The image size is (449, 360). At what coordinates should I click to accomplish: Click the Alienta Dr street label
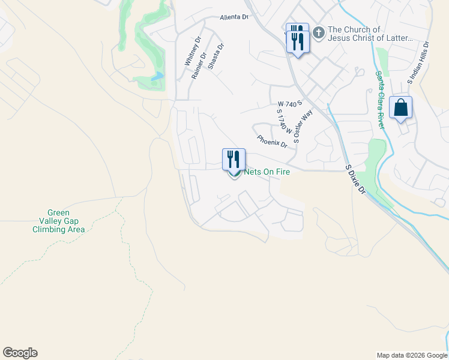click(234, 17)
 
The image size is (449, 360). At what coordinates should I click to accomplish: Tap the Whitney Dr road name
click(192, 51)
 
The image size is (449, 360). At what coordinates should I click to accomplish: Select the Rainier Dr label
click(199, 65)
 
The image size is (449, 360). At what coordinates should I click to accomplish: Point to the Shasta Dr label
click(215, 56)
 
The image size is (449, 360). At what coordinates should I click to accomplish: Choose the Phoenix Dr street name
click(272, 142)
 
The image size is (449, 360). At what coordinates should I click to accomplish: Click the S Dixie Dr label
click(355, 179)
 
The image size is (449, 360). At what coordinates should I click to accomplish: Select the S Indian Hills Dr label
click(418, 62)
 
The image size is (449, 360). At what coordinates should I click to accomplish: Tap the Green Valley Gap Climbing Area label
click(59, 221)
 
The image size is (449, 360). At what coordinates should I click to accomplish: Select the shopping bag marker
click(400, 108)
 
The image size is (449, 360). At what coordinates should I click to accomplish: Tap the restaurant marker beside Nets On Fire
click(234, 160)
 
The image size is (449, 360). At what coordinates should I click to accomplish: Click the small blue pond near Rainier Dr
click(157, 76)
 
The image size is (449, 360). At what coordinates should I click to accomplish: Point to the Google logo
click(20, 353)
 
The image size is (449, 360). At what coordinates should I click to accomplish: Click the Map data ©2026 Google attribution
click(411, 355)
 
